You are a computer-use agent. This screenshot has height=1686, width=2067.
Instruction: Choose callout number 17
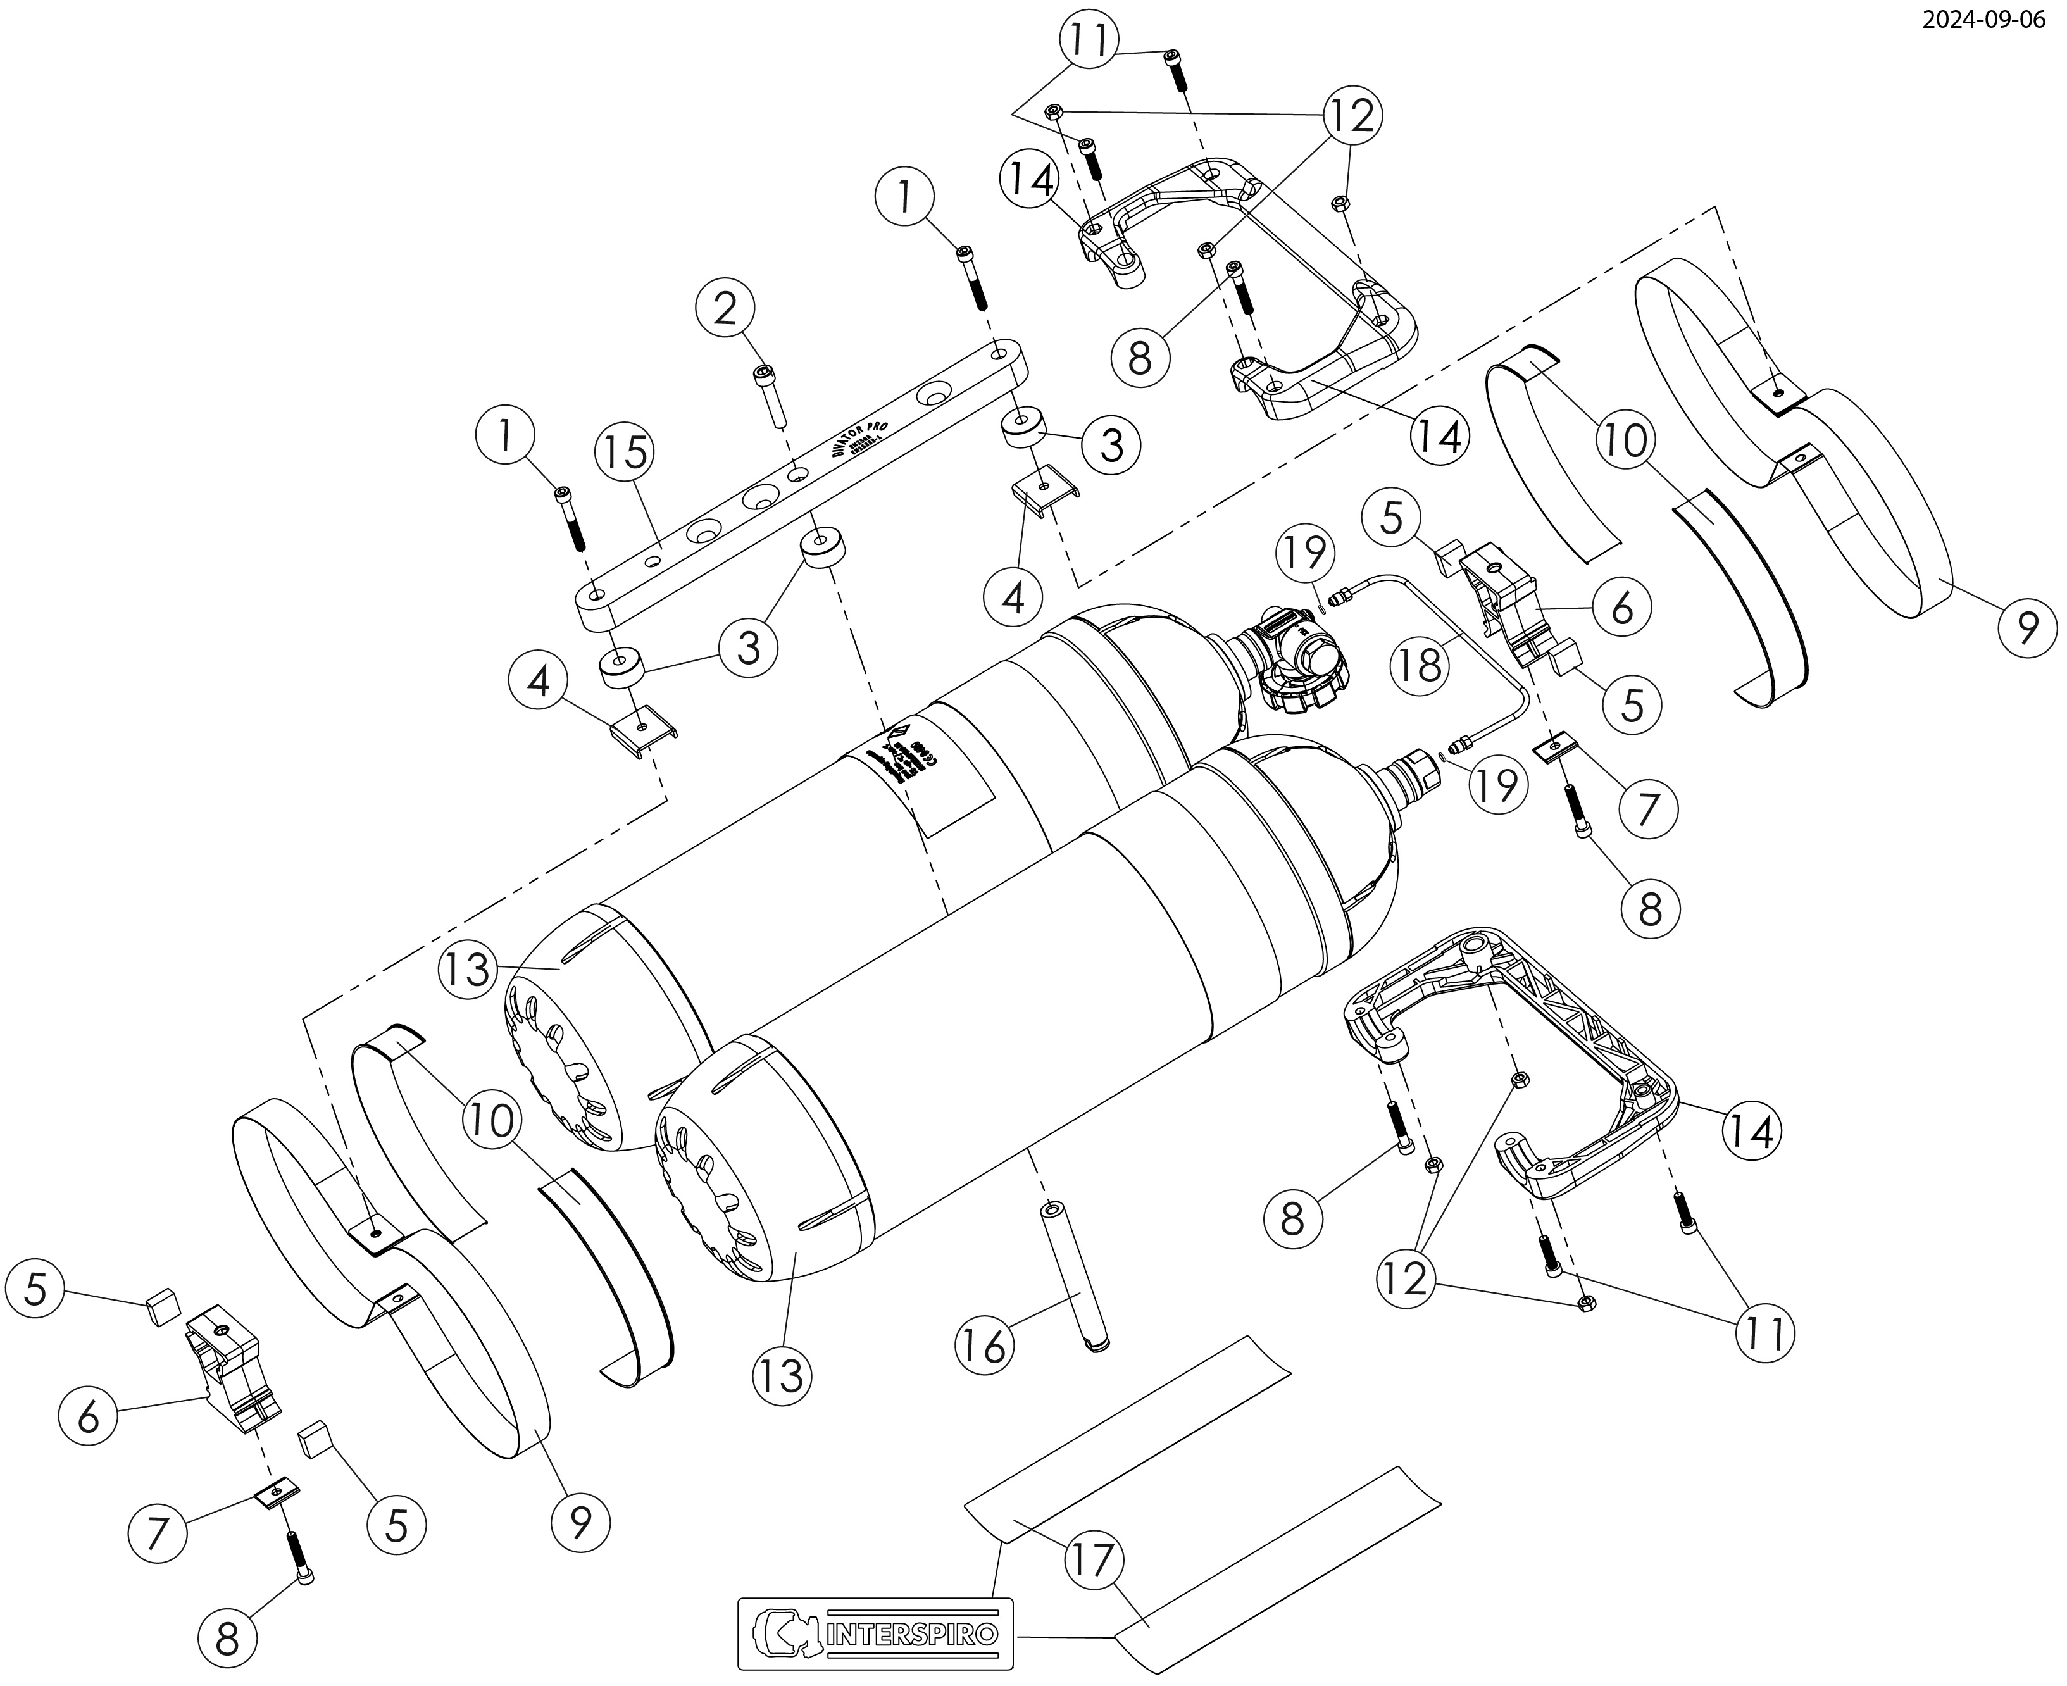1094,1560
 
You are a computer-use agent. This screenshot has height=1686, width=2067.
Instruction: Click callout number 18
1420,667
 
